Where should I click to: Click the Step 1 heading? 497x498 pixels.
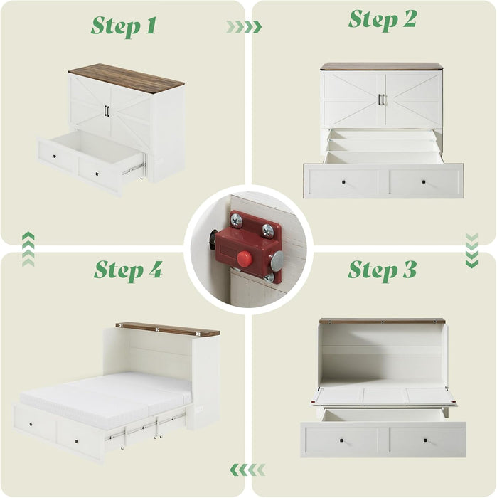[123, 26]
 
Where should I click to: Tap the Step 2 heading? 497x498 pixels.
[382, 19]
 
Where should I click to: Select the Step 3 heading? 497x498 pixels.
[382, 270]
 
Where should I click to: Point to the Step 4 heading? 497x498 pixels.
[128, 270]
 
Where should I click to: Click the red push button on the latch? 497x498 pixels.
[245, 258]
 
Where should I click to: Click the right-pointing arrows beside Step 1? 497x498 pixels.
[243, 27]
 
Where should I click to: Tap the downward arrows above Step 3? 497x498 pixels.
[471, 250]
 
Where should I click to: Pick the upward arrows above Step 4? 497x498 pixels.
[28, 249]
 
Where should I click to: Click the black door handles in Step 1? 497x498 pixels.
[107, 111]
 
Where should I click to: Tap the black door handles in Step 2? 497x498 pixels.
[381, 100]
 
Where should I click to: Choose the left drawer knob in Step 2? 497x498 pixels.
[343, 181]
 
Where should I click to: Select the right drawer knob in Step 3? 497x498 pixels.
[424, 440]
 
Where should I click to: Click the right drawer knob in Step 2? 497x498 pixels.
[423, 181]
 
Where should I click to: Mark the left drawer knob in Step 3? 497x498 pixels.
[343, 440]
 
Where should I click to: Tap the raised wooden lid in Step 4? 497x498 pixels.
[168, 329]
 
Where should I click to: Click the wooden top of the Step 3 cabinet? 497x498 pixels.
[382, 321]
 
